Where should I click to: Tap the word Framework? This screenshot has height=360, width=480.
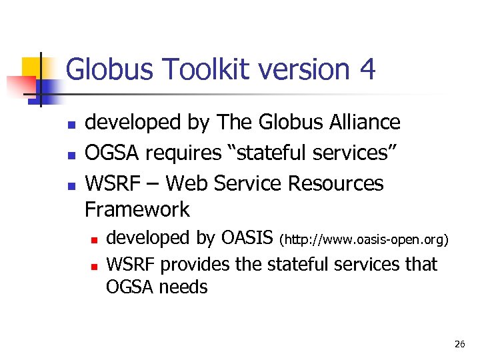(137, 209)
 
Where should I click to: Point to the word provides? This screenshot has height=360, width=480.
(196, 264)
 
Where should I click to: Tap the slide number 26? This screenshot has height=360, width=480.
(459, 344)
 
